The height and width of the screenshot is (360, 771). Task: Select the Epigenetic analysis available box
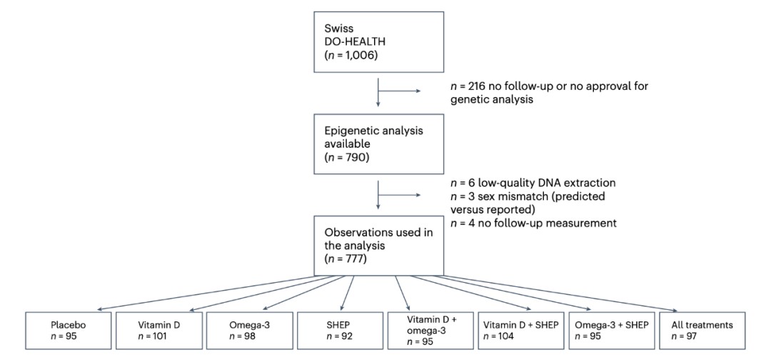(378, 142)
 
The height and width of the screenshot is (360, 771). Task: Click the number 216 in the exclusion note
(477, 86)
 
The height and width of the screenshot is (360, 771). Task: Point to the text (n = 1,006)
(349, 56)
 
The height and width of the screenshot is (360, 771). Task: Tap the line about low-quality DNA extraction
(533, 183)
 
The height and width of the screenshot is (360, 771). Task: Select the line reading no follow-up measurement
(533, 223)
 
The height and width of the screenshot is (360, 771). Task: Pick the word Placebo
(65, 325)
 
